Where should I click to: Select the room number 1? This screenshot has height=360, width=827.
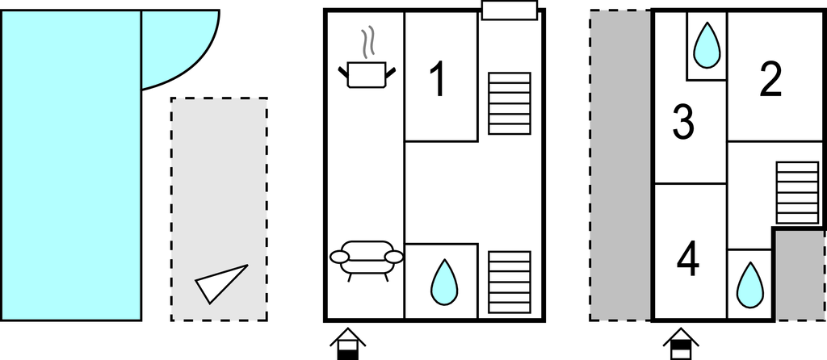(x=438, y=80)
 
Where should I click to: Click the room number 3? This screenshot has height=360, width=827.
(x=684, y=122)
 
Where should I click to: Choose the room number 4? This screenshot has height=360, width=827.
(x=688, y=258)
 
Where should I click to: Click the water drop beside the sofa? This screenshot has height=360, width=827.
(x=442, y=282)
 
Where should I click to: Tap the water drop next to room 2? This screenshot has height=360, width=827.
(x=707, y=45)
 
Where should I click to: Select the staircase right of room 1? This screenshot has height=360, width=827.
(x=510, y=103)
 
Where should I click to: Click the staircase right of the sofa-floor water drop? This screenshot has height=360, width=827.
(x=510, y=282)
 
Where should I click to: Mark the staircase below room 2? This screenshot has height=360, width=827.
(x=796, y=192)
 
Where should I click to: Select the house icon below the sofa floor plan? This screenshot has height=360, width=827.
(x=346, y=342)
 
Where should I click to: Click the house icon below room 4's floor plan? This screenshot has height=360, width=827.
(x=682, y=342)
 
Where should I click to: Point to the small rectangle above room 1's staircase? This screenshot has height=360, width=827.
(x=510, y=10)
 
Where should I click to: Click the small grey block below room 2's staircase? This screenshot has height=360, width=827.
(x=800, y=274)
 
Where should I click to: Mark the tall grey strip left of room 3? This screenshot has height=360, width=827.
(x=620, y=165)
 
